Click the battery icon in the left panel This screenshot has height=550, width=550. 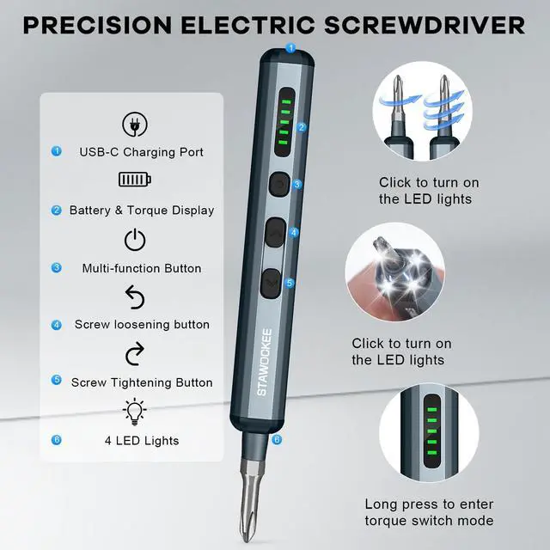pyautogui.click(x=135, y=180)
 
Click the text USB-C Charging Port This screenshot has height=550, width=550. pyautogui.click(x=142, y=152)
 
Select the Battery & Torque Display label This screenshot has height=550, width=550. pyautogui.click(x=142, y=210)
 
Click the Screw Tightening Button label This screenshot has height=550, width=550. pyautogui.click(x=142, y=382)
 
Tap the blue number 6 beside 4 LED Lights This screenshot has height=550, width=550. pyautogui.click(x=57, y=440)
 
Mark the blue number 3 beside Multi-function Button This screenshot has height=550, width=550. pyautogui.click(x=57, y=267)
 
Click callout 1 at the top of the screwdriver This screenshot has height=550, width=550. pyautogui.click(x=290, y=48)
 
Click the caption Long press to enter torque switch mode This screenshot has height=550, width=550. pyautogui.click(x=429, y=512)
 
